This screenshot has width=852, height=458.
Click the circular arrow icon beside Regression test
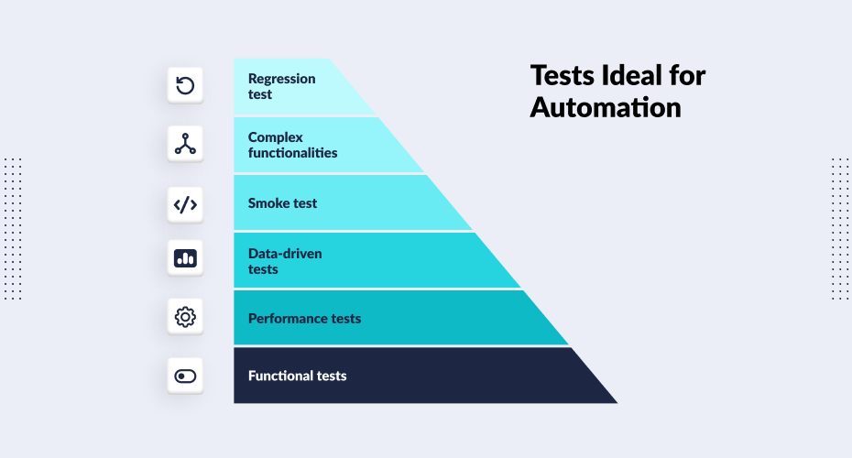click(185, 86)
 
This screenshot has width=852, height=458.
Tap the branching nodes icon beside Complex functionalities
click(185, 144)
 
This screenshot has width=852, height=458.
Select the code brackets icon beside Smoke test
click(185, 202)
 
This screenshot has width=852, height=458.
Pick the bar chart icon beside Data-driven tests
click(185, 259)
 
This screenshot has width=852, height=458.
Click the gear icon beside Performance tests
click(185, 318)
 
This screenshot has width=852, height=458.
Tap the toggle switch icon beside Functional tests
click(185, 376)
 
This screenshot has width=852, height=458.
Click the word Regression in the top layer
click(281, 79)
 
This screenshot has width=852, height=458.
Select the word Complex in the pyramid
click(275, 137)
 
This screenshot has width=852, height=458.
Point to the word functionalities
click(292, 153)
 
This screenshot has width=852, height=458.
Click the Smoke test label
click(282, 203)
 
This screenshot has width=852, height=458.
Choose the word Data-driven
click(285, 253)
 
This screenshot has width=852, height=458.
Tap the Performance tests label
click(304, 319)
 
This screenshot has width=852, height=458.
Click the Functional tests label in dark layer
click(297, 376)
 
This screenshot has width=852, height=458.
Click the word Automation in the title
click(605, 106)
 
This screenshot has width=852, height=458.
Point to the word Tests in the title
click(561, 75)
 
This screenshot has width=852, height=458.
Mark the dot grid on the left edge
click(13, 228)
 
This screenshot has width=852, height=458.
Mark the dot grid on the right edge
click(839, 228)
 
